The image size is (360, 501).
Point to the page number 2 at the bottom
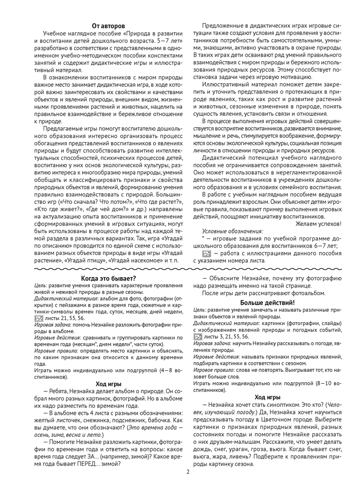click(188, 471)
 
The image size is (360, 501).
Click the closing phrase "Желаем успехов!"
click(318, 223)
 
